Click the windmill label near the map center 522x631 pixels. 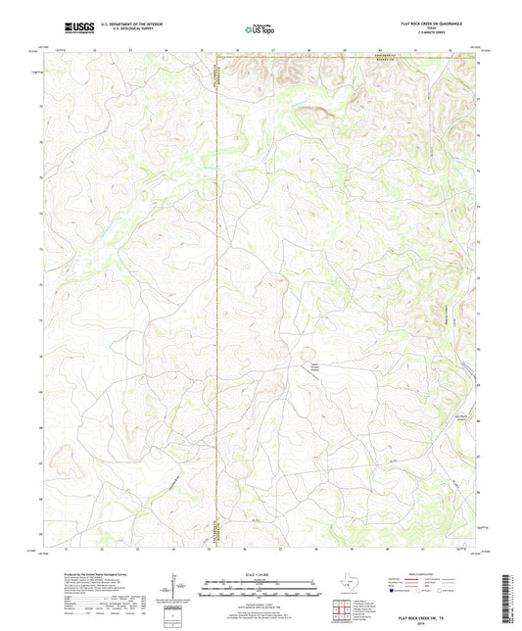315,368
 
